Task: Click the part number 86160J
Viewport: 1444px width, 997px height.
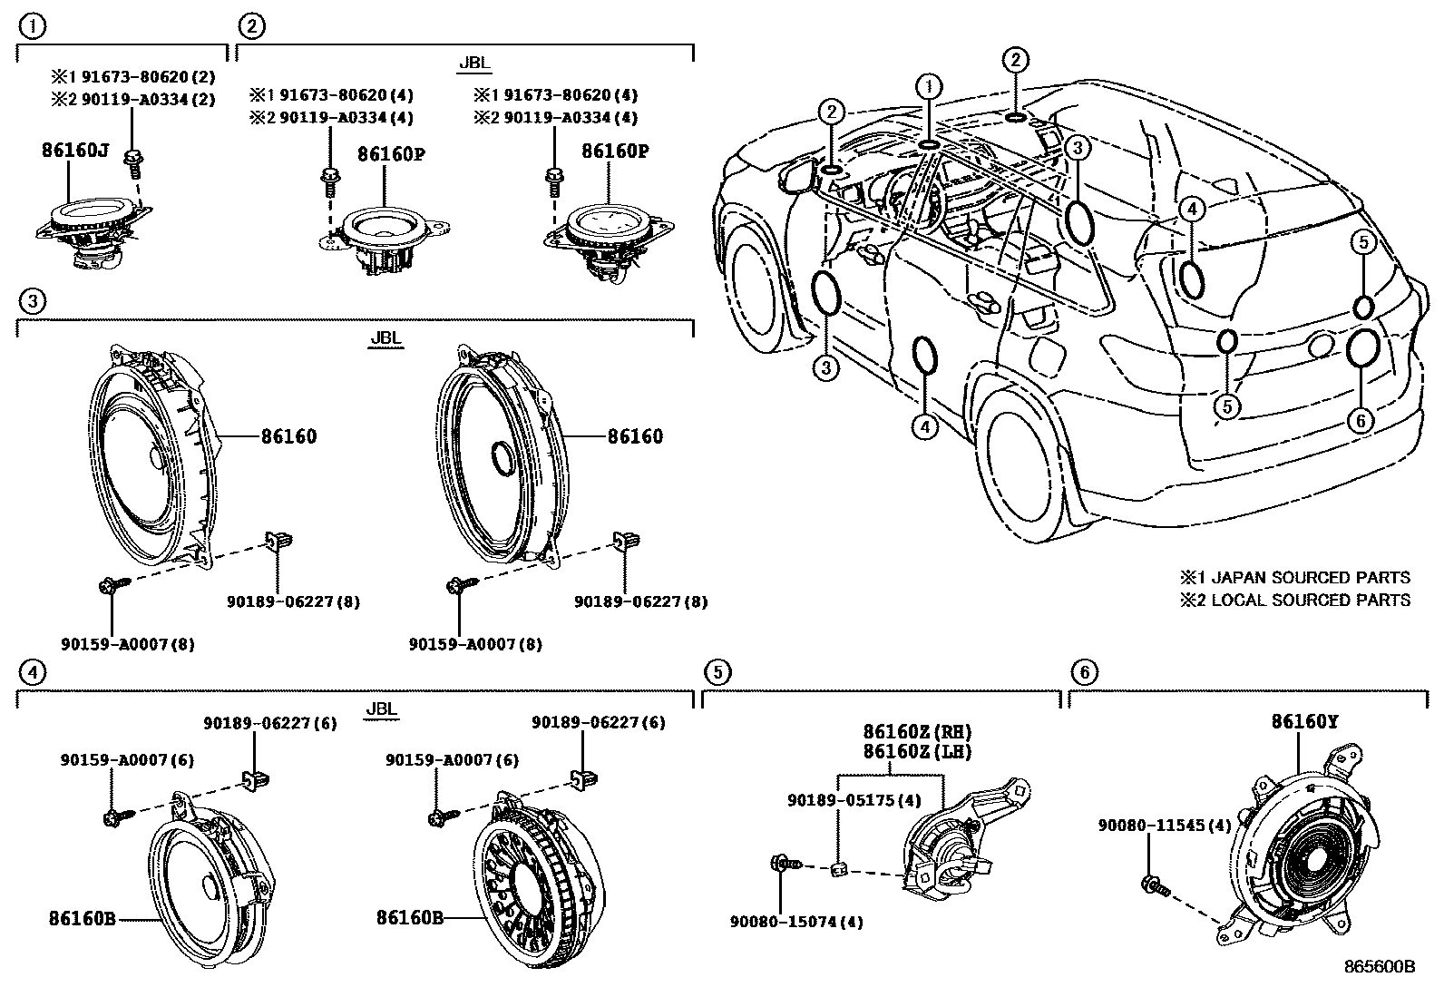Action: click(74, 151)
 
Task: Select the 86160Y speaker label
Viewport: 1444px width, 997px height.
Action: click(1304, 722)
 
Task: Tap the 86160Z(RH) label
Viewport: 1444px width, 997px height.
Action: click(917, 732)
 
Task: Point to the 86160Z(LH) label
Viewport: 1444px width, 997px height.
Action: click(917, 752)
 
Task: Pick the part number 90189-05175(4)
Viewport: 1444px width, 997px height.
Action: click(854, 800)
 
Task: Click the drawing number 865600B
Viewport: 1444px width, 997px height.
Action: click(1379, 967)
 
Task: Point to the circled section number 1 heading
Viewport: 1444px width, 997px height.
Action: click(31, 26)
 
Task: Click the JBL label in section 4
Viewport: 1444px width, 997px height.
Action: click(381, 709)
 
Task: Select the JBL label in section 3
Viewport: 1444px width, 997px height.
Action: click(385, 338)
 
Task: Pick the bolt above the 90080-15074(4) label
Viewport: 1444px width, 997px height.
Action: click(782, 864)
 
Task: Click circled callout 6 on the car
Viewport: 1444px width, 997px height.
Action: click(1361, 420)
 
